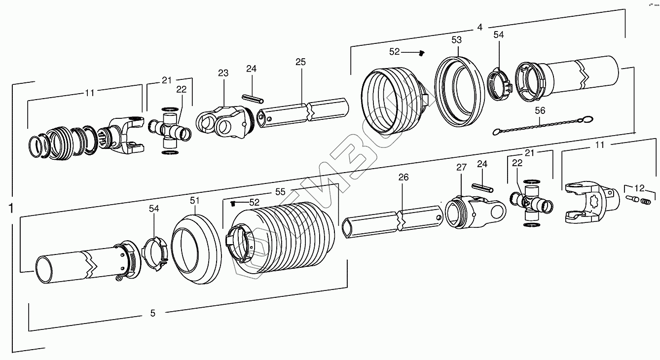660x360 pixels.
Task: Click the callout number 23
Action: coord(223,73)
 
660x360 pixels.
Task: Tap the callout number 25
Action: coord(300,62)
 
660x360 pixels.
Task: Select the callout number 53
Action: coord(456,39)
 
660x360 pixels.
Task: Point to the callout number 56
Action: coord(540,110)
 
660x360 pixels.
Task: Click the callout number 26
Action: coord(403,178)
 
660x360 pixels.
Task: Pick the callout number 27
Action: coord(461,168)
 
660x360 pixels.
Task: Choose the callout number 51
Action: coord(195,200)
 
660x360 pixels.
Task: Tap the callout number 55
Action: coord(280,192)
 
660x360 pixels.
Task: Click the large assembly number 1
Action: coord(10,209)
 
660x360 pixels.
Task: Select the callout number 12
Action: coord(639,188)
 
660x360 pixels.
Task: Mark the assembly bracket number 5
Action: coord(152,313)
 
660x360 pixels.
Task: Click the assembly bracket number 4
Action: coord(479,28)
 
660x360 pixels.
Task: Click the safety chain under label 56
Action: coord(543,125)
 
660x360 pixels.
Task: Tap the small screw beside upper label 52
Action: coord(422,52)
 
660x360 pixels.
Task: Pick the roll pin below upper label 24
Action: coord(251,98)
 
